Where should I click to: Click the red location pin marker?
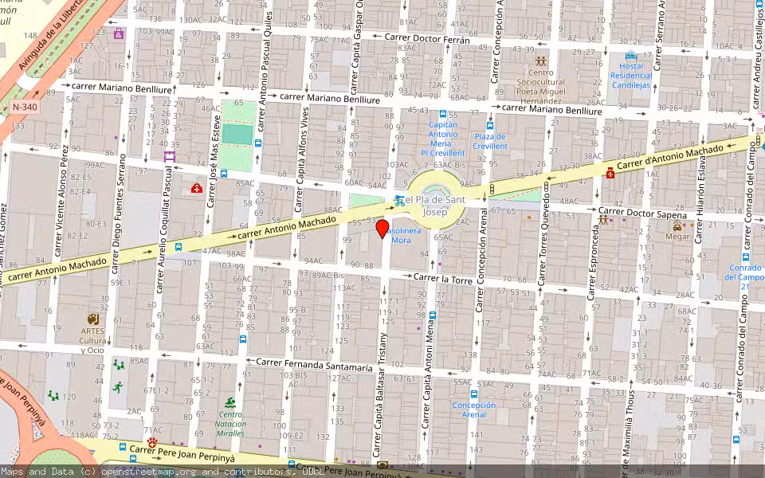coord(382,229)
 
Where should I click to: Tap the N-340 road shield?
coord(23,107)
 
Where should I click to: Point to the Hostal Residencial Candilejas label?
coord(630,76)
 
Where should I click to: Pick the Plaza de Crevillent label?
coord(490,141)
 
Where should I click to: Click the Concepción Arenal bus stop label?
coord(474,409)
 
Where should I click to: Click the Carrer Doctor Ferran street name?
coord(426,37)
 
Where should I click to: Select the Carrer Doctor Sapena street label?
coord(642,213)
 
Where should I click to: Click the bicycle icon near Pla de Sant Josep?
coord(399,201)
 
